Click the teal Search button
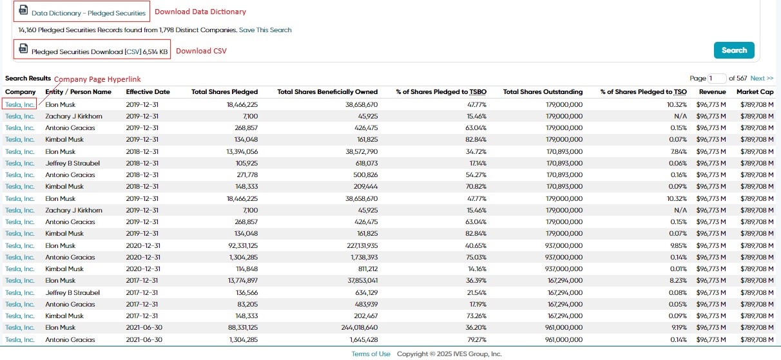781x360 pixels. (734, 50)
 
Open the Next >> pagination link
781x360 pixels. (762, 78)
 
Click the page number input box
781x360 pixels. (717, 79)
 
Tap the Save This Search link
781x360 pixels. (265, 30)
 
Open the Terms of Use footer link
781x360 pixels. (371, 354)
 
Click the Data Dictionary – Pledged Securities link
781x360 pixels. (88, 13)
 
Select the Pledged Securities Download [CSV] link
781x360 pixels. (99, 52)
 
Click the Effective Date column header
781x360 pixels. (148, 91)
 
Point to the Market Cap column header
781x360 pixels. (755, 91)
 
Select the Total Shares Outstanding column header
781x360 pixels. (543, 91)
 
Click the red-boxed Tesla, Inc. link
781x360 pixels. (19, 104)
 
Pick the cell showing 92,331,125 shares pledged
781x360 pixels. (243, 245)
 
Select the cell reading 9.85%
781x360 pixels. (678, 245)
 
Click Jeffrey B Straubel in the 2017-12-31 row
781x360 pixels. (73, 292)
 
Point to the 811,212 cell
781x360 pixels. (366, 269)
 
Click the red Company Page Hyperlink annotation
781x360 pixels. (97, 79)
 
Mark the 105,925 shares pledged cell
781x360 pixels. (247, 163)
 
